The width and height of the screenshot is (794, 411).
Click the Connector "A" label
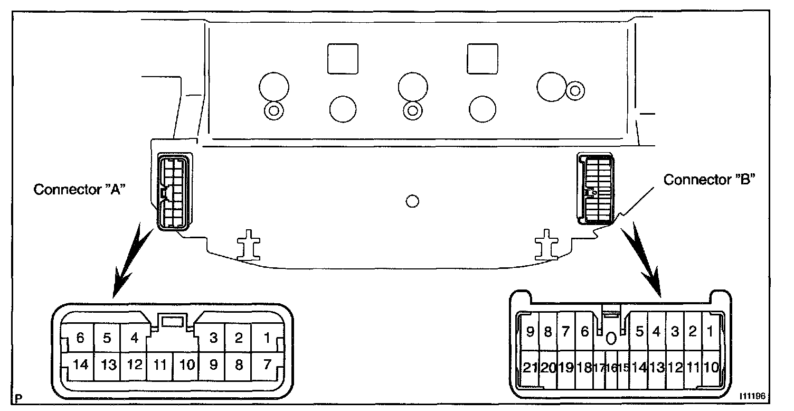79,190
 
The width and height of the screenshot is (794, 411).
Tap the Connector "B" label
710,180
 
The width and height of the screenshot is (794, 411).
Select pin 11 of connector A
159,365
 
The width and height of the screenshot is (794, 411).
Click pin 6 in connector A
80,338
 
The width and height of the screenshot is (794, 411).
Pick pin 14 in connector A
80,365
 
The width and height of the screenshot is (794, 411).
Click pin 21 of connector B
530,368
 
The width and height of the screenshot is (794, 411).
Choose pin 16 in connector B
613,368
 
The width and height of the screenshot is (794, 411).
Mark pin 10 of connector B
711,368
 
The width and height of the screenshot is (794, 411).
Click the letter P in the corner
20,398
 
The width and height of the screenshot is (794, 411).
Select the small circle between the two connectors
413,201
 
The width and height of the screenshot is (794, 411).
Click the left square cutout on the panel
343,59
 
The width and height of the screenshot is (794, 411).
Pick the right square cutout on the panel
483,59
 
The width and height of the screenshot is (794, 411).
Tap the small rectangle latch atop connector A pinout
173,321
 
